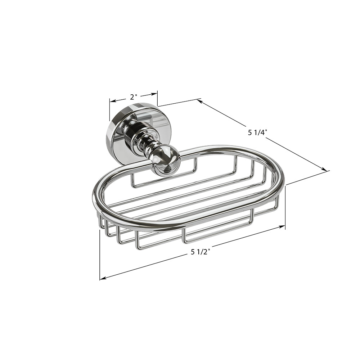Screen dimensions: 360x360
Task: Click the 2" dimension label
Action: tap(134, 97)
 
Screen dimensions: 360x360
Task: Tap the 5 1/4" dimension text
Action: tap(258, 132)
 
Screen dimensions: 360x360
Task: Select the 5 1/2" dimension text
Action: tap(201, 252)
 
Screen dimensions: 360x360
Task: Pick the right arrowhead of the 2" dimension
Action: tap(154, 93)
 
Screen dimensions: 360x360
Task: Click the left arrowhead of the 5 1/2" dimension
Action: tap(103, 279)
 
